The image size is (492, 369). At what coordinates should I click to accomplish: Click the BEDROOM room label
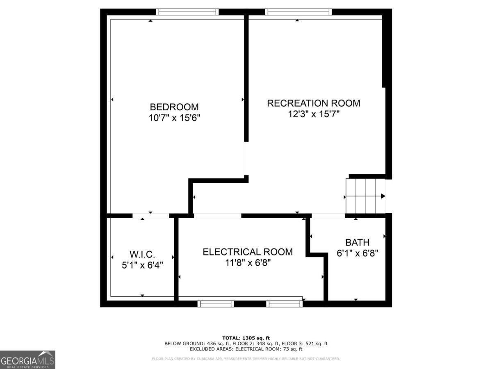(174, 107)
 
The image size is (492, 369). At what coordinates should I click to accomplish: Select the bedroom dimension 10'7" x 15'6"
(174, 118)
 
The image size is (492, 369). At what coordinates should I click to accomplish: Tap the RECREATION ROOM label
(314, 103)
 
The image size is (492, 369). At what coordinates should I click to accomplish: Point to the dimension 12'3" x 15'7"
(314, 114)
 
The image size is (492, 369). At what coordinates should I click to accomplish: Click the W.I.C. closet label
(142, 254)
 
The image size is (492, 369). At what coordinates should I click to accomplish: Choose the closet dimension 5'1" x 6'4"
(142, 265)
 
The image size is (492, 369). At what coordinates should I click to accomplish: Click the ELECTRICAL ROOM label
(248, 252)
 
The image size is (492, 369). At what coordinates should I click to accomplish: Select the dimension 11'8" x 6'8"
(248, 262)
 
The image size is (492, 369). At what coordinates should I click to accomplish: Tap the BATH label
(357, 242)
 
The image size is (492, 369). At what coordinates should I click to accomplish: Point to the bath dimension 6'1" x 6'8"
(357, 253)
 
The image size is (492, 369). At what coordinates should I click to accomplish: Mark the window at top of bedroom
(187, 12)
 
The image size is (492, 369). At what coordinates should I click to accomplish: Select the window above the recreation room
(298, 12)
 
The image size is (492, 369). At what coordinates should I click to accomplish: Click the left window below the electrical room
(216, 304)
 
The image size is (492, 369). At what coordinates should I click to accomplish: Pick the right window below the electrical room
(284, 304)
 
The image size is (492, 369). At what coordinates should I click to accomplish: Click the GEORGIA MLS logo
(27, 360)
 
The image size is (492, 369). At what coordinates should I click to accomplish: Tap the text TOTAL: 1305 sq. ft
(246, 338)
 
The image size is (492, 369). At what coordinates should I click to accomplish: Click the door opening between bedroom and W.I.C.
(150, 216)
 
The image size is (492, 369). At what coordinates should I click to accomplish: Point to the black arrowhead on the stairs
(383, 196)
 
